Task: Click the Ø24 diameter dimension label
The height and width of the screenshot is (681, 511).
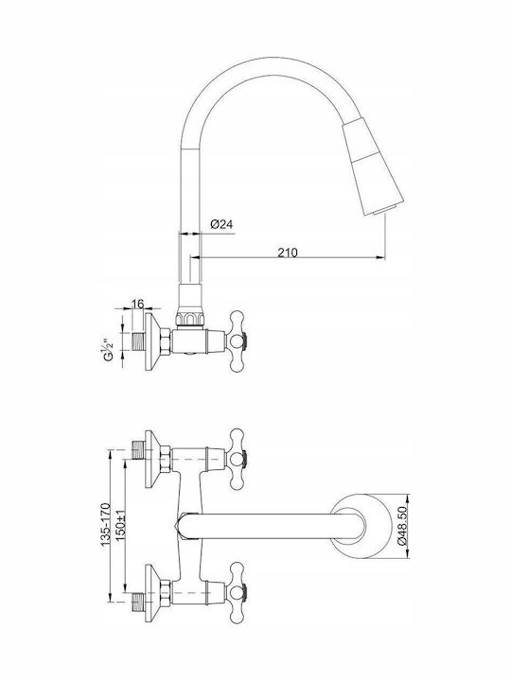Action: coord(221,224)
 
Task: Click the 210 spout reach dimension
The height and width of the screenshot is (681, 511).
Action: coord(288,252)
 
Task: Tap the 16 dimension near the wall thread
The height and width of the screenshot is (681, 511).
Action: coord(137,304)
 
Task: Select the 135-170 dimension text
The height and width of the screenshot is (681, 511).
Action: coord(106,524)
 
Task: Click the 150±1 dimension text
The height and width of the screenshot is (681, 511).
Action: coord(121,526)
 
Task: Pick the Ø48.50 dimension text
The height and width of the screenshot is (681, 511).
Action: coord(402,526)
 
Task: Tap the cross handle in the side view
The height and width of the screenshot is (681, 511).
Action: coord(238,341)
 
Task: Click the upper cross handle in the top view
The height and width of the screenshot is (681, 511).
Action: coord(238,459)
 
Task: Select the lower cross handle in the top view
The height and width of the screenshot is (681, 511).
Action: coord(238,592)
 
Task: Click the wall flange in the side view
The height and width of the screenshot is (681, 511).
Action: coord(152,341)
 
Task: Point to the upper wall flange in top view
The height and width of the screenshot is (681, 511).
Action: coord(152,459)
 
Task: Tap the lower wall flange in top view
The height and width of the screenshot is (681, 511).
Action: coord(152,592)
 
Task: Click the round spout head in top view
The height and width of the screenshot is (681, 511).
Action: coord(361,526)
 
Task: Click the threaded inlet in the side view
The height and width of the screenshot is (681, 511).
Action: coord(138,341)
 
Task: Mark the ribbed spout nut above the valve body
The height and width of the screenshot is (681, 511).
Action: coord(190,318)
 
